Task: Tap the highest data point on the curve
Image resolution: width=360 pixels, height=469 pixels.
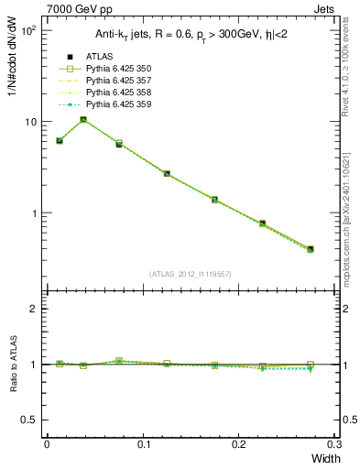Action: tap(83, 119)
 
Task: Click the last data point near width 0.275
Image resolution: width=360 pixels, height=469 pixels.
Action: tap(311, 248)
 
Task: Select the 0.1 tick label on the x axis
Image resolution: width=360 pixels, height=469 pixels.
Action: tap(143, 443)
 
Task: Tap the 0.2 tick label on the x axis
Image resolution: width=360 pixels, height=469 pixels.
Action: tap(239, 443)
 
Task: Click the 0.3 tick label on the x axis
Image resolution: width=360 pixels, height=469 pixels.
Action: tap(335, 443)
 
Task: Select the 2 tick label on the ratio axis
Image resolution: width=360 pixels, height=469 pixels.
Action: tap(36, 309)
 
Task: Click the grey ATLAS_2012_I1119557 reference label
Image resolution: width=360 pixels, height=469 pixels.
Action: tap(190, 274)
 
